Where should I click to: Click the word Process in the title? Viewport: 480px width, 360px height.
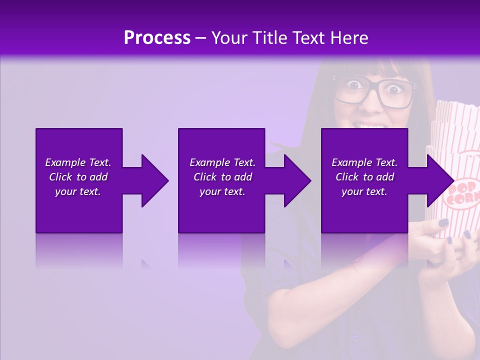pyautogui.click(x=157, y=38)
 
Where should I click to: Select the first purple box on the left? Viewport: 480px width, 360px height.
pyautogui.click(x=78, y=210)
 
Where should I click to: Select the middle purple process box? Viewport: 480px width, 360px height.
pyautogui.click(x=221, y=210)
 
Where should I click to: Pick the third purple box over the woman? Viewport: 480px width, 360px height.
pyautogui.click(x=364, y=210)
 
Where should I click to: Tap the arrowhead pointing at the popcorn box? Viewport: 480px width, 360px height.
pyautogui.click(x=439, y=180)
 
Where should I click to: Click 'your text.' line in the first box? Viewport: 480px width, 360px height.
pyautogui.click(x=78, y=191)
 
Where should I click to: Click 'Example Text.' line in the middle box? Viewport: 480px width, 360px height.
pyautogui.click(x=222, y=162)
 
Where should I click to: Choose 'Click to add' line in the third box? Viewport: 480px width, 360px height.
pyautogui.click(x=364, y=177)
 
